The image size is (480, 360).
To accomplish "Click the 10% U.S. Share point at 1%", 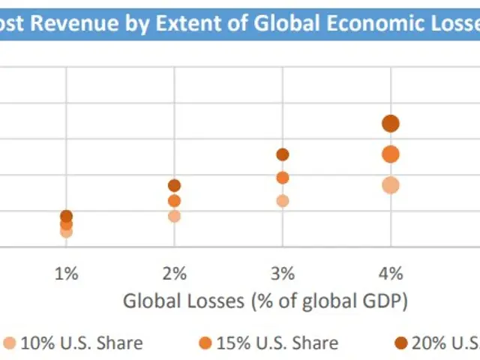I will point(66,232).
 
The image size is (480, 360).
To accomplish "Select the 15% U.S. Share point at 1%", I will point(66,223).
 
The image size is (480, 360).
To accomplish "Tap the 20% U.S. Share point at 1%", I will point(66,216).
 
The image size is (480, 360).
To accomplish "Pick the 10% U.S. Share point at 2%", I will point(174,216).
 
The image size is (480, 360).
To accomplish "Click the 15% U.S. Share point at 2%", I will point(174,201).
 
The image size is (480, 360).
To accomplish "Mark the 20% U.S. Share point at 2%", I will point(174,185).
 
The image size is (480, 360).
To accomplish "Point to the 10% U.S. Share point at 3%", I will point(283,201).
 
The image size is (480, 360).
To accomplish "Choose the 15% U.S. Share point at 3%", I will point(283,178).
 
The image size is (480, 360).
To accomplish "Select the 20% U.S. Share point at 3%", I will point(283,154).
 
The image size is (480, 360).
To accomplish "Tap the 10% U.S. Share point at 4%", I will point(391,185).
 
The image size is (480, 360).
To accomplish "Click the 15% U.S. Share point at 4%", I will point(391,154).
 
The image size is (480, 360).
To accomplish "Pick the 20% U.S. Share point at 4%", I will point(391,124).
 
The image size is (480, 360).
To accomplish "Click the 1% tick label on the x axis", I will point(66,273).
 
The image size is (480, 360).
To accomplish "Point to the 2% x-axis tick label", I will point(174,273).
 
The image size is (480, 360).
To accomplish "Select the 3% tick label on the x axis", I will point(283,273).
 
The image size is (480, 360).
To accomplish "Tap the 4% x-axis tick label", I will point(391,273).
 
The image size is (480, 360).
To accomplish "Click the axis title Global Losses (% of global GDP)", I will point(265,301).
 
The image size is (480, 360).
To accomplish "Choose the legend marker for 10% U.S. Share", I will point(9,343).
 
